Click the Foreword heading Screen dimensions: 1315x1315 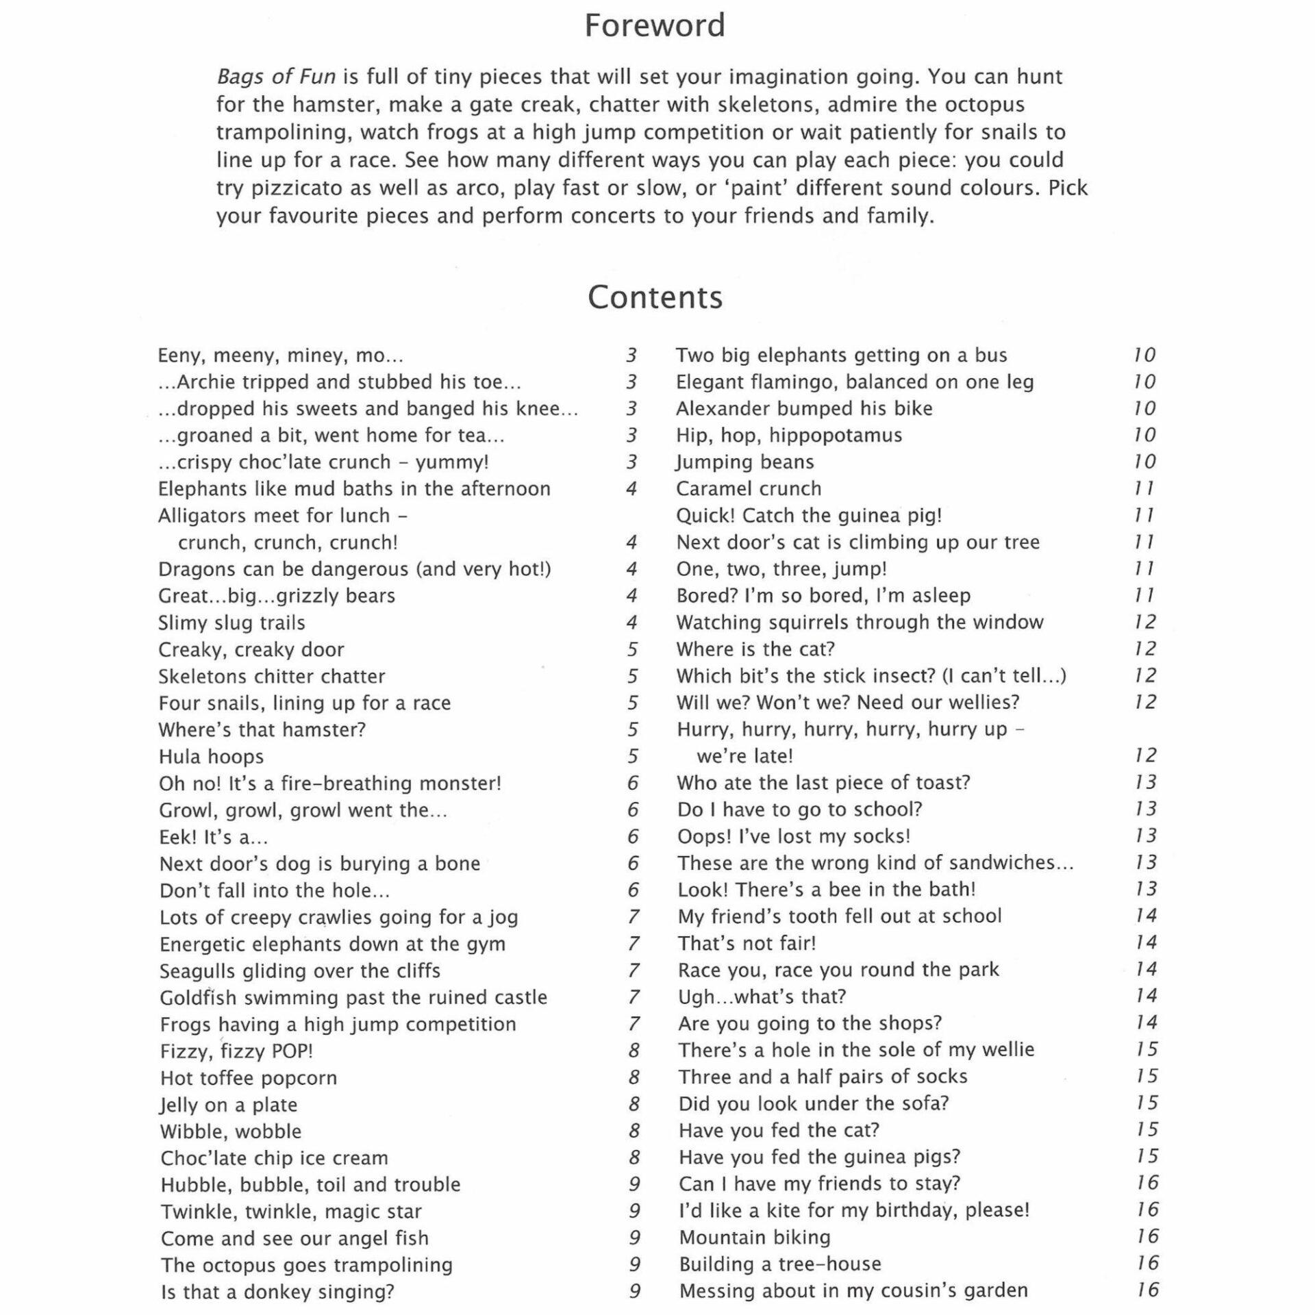pyautogui.click(x=654, y=26)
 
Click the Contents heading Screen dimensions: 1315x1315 pyautogui.click(x=655, y=297)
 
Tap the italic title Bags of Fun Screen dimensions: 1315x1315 pyautogui.click(x=276, y=77)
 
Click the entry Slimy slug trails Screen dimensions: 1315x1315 pyautogui.click(x=231, y=623)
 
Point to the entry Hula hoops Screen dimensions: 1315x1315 pyautogui.click(x=211, y=757)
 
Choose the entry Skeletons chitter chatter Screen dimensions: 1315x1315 pyautogui.click(x=272, y=677)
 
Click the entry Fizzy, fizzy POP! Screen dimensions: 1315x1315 pyautogui.click(x=236, y=1051)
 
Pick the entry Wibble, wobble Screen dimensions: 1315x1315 pyautogui.click(x=231, y=1131)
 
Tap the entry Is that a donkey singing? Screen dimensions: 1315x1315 pyautogui.click(x=277, y=1292)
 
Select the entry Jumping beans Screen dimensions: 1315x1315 pyautogui.click(x=745, y=462)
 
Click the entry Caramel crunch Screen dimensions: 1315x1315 pyautogui.click(x=749, y=489)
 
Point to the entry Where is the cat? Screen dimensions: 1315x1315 pyautogui.click(x=755, y=649)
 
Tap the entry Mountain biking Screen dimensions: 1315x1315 pyautogui.click(x=755, y=1238)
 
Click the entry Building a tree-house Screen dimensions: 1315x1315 pyautogui.click(x=780, y=1264)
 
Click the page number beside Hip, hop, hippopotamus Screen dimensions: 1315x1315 pyautogui.click(x=1144, y=436)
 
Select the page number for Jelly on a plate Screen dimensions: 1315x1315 pyautogui.click(x=634, y=1105)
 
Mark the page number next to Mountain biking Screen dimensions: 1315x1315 pyautogui.click(x=1147, y=1237)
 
